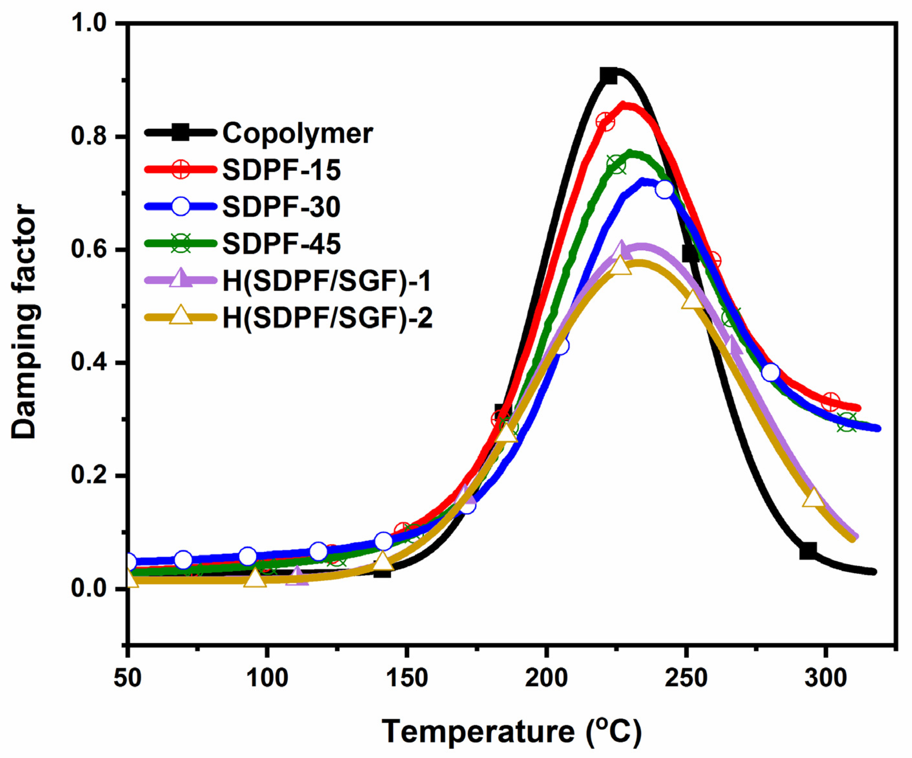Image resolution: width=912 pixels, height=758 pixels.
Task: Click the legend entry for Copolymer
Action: coord(297,133)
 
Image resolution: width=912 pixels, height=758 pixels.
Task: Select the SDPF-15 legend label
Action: coord(282,170)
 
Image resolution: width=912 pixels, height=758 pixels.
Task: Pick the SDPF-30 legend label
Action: coord(282,207)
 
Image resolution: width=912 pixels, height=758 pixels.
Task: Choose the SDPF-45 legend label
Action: coord(282,244)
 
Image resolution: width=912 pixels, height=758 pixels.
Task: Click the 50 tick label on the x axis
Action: coord(127,678)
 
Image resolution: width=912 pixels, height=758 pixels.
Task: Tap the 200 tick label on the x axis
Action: coord(546,678)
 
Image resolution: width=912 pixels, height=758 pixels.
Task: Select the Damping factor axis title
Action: coord(24,322)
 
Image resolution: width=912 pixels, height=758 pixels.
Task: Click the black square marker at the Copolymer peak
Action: coord(609,76)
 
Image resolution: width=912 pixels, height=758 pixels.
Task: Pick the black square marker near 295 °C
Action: coord(808,551)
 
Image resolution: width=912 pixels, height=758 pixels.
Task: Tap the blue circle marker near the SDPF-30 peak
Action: coord(664,189)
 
